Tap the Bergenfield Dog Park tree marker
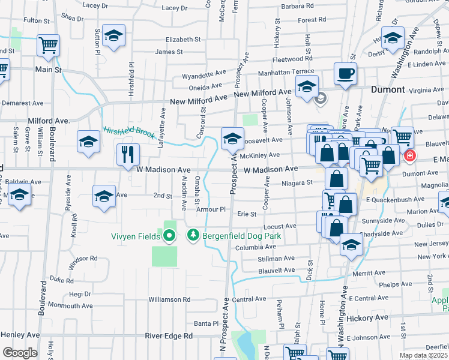(x=193, y=236)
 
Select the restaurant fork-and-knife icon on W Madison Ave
(x=128, y=154)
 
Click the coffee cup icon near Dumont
(x=345, y=73)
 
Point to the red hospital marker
(x=410, y=156)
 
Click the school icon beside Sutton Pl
(x=113, y=35)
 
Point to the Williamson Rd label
(x=169, y=299)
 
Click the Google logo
(x=20, y=353)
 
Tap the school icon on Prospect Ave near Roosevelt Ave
(x=232, y=139)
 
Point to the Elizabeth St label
(x=183, y=40)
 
